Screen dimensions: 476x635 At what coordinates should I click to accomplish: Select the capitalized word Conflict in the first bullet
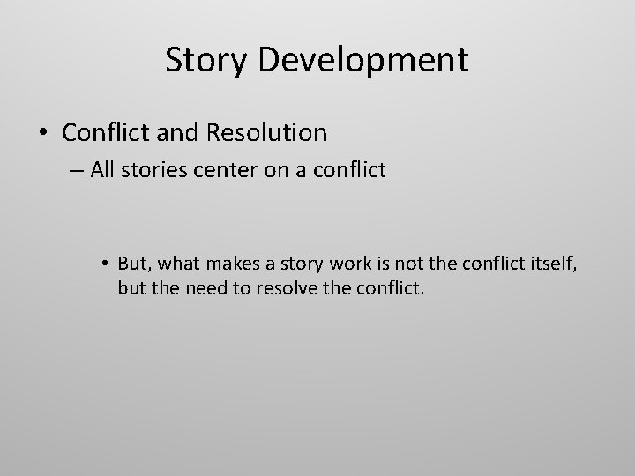104,133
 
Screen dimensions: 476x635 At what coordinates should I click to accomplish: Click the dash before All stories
76,170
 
